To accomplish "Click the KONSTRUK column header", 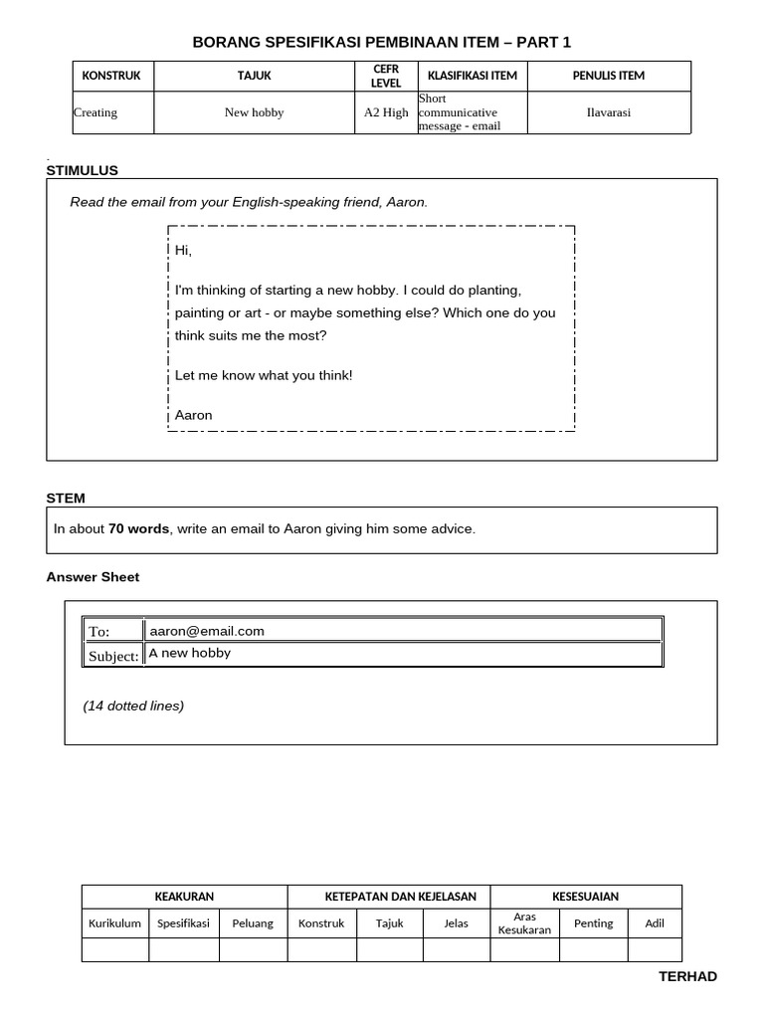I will point(111,76).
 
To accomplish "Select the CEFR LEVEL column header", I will point(386,76).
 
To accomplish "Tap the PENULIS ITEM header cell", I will point(609,76).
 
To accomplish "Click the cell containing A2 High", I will point(386,112).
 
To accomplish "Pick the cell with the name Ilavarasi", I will point(609,112).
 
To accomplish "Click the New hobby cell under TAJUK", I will point(254,112).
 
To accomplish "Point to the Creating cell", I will point(95,112).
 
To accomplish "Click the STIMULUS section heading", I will point(82,170).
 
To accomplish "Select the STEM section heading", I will point(66,498).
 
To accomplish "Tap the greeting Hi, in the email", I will point(183,251).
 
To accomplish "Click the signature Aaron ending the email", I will point(193,415).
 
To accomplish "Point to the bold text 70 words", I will point(138,528).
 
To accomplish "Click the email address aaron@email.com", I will point(207,631).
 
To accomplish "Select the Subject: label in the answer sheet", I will point(113,656).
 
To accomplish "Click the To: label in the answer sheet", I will point(98,632).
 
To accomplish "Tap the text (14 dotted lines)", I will point(133,706).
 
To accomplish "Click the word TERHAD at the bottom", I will point(687,976).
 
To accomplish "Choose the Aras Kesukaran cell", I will point(524,922).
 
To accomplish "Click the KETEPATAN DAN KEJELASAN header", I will point(388,897).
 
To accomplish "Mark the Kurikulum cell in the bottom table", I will point(114,923).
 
